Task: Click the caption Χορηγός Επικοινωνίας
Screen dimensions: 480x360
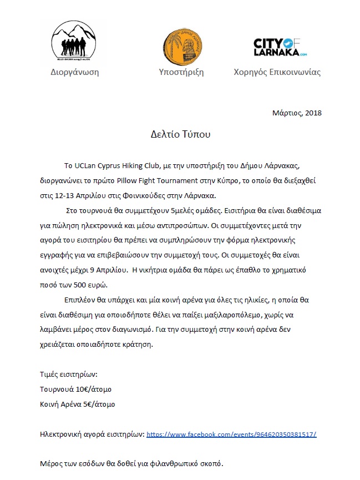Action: click(x=277, y=72)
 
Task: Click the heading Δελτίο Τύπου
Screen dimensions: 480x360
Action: click(x=181, y=134)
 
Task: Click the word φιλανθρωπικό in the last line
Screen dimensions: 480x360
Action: click(x=168, y=463)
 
